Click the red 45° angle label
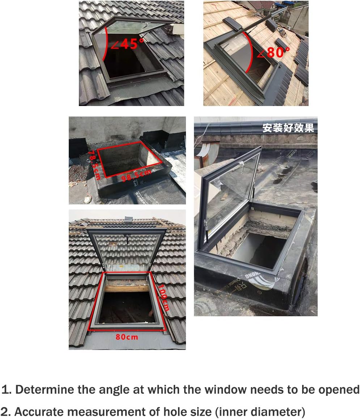pyautogui.click(x=127, y=44)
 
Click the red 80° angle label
pyautogui.click(x=274, y=52)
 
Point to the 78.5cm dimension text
pyautogui.click(x=94, y=165)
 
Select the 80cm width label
pyautogui.click(x=127, y=337)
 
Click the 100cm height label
pyautogui.click(x=164, y=297)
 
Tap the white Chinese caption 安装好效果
pyautogui.click(x=288, y=128)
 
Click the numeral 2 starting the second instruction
pyautogui.click(x=4, y=412)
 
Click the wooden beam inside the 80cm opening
pyautogui.click(x=127, y=288)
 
